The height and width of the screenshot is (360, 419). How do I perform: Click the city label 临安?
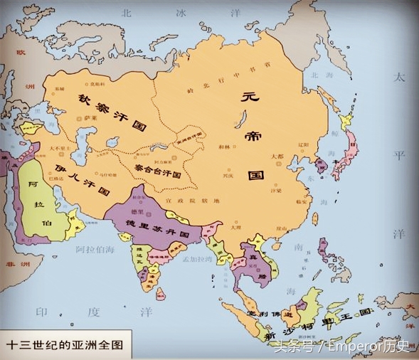coord(299,202)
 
